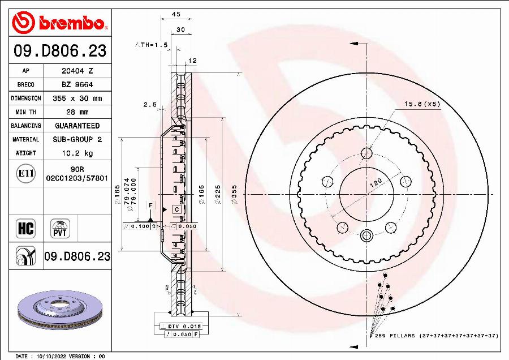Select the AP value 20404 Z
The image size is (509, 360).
(77, 71)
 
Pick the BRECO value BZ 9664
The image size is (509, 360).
(77, 85)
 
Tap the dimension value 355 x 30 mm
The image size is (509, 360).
(77, 98)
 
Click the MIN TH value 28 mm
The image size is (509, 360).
(77, 112)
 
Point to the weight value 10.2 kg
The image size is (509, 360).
(77, 153)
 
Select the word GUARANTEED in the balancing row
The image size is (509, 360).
(77, 126)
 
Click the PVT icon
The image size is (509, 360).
(60, 228)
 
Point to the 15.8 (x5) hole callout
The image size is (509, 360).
(421, 104)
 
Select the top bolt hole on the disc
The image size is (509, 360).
(367, 153)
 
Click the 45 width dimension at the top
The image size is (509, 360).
(176, 14)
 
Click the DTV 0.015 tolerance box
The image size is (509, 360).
(180, 327)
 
